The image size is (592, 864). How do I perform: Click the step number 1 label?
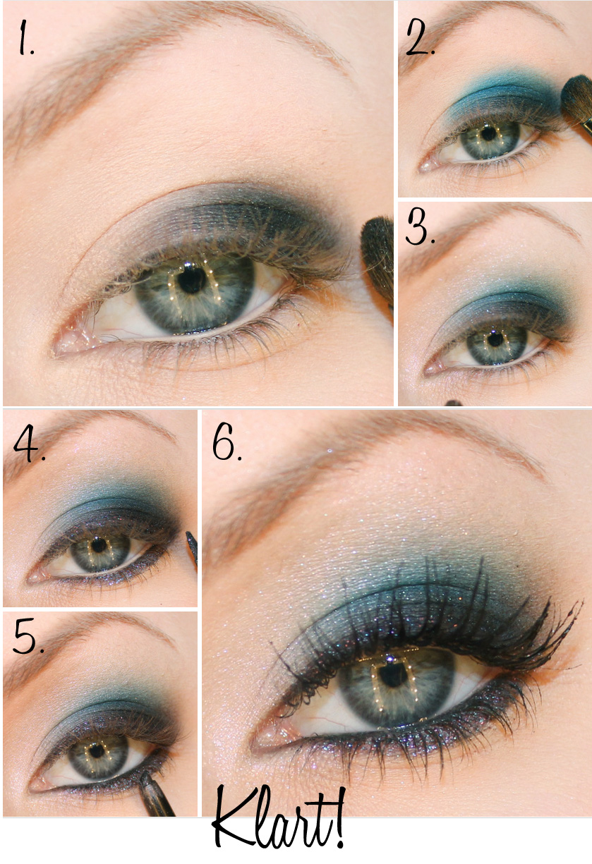[25, 37]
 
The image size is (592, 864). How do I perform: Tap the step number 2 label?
[421, 37]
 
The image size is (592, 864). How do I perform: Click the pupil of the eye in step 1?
[192, 281]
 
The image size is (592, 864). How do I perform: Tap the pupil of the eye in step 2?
[488, 133]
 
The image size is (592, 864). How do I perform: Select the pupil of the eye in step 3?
[495, 339]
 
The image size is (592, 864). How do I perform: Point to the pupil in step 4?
[99, 545]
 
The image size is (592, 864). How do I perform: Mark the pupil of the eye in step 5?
[97, 750]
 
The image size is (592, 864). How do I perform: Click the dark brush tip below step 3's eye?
[454, 403]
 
